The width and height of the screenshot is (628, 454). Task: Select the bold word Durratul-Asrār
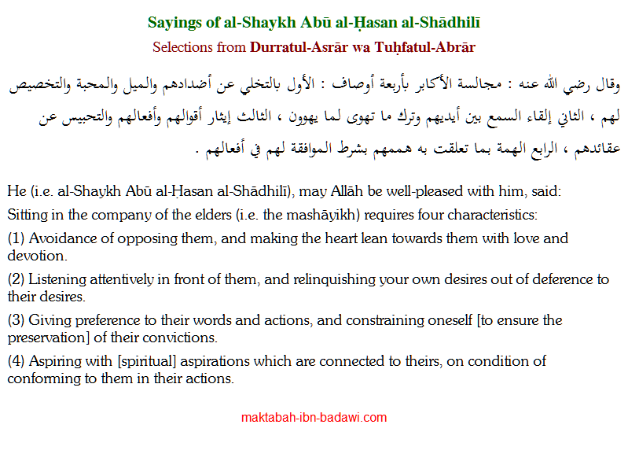(299, 47)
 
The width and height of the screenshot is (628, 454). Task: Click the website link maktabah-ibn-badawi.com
(314, 418)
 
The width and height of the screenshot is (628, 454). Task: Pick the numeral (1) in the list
(15, 238)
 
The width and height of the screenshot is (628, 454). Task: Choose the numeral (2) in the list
(15, 279)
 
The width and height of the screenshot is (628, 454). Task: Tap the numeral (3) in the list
(15, 320)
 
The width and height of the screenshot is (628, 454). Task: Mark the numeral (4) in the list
(15, 361)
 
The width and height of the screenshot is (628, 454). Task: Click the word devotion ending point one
(36, 256)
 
